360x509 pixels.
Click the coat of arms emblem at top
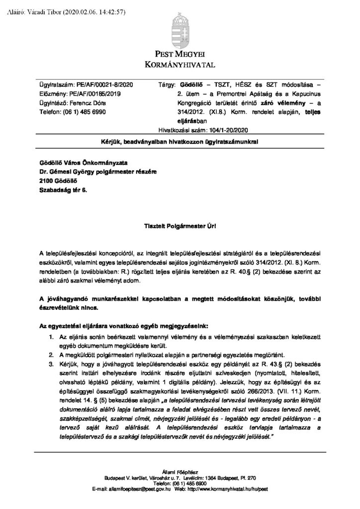click(x=180, y=27)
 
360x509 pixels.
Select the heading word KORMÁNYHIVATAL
click(x=180, y=65)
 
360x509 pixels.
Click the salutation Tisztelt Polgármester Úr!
click(x=180, y=227)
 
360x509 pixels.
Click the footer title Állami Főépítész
click(x=180, y=471)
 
